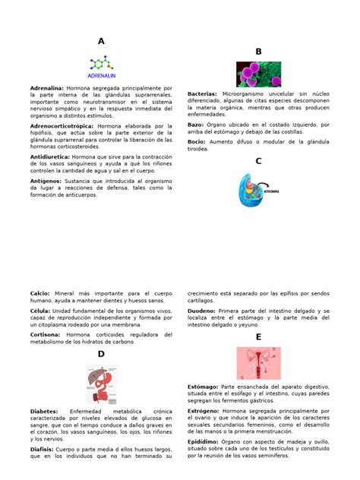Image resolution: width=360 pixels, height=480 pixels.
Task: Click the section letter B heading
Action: click(258, 52)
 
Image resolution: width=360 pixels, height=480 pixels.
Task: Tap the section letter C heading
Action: click(258, 161)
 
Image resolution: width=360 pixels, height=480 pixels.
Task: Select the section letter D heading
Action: click(101, 355)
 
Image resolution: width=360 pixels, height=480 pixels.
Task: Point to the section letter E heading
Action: click(258, 336)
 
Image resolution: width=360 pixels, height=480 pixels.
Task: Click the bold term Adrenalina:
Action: click(47, 89)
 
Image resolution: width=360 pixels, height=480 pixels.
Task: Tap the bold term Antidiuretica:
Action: click(49, 156)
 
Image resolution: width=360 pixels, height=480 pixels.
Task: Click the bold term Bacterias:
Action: click(202, 93)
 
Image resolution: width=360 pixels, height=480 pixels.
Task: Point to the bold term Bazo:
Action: click(195, 124)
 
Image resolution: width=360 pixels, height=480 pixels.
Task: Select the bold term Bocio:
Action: click(196, 141)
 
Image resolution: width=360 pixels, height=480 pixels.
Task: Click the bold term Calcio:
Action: click(40, 293)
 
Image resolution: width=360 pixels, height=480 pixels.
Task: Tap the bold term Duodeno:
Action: click(202, 311)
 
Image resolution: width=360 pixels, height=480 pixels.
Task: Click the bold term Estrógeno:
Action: click(204, 411)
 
